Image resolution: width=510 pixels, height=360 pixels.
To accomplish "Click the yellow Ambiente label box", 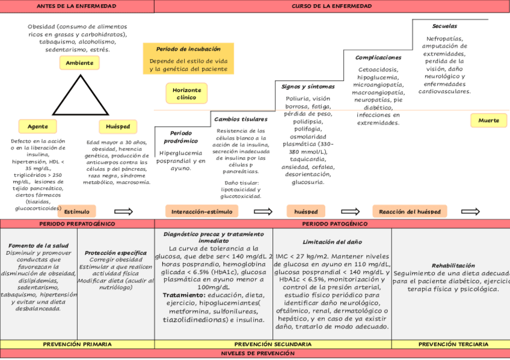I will point(79,63).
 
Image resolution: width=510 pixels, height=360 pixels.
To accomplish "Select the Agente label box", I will point(37,126).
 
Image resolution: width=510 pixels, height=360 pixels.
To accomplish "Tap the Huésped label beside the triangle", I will point(118,126).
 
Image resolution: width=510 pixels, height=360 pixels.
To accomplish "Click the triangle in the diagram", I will point(79,96).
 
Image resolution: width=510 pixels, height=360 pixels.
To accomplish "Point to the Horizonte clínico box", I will point(187,93).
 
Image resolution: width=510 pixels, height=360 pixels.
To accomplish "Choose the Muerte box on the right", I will point(488,120).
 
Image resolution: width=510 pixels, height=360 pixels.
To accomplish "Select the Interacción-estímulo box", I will point(201,212).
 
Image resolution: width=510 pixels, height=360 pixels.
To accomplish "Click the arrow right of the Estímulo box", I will point(123,212).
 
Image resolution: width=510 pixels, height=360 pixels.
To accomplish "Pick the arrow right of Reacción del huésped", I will point(470,212).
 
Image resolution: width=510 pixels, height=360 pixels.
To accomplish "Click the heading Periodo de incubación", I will point(188,49).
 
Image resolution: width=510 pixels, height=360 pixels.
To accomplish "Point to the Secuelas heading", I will point(444,26).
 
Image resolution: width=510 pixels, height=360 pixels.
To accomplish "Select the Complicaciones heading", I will point(378,57).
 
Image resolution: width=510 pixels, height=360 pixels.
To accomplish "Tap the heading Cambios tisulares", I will point(241,119).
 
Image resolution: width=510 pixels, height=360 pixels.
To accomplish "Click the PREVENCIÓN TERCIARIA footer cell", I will point(453,344).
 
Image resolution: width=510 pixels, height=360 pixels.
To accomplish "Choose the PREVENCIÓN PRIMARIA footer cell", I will point(77,344).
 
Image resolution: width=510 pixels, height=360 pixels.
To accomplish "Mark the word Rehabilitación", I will point(453,265).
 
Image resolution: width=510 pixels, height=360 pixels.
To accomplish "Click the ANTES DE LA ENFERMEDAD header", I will point(77,6).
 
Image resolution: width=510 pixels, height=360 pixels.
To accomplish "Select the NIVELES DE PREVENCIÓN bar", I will point(255,353).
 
